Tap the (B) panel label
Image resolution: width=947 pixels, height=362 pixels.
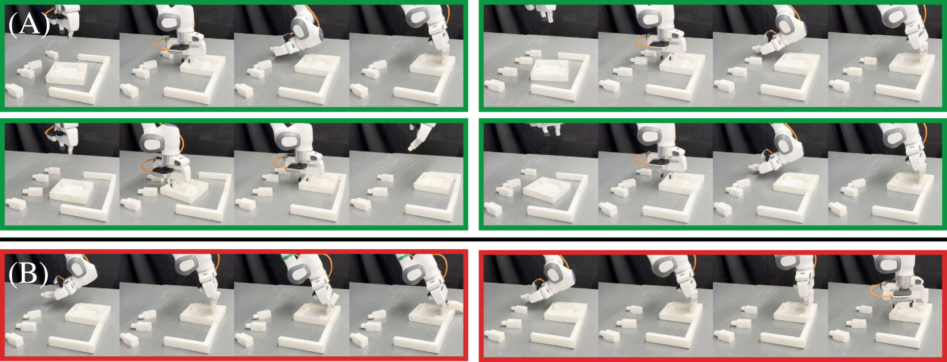pos(29,275)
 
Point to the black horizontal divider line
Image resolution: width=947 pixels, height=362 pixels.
pos(473,239)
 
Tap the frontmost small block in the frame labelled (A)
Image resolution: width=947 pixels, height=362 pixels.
pos(14,90)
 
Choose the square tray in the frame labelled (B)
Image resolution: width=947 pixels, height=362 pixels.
pos(88,315)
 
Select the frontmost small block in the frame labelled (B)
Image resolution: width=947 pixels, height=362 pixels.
pos(14,340)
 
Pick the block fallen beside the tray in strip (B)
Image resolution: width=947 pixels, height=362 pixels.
pos(454,306)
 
